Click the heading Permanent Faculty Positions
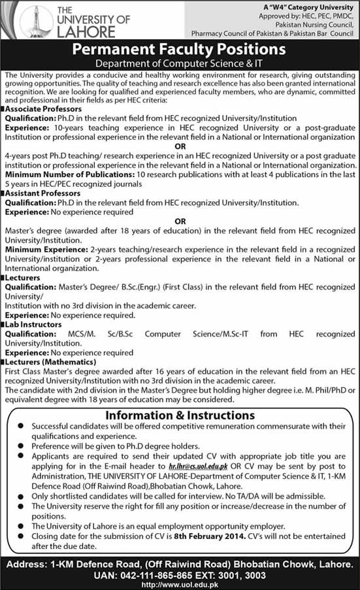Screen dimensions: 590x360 coord(179,49)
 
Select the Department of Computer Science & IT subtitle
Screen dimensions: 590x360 coord(180,63)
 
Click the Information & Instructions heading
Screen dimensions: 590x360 coord(180,416)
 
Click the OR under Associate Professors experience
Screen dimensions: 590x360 coord(180,148)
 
